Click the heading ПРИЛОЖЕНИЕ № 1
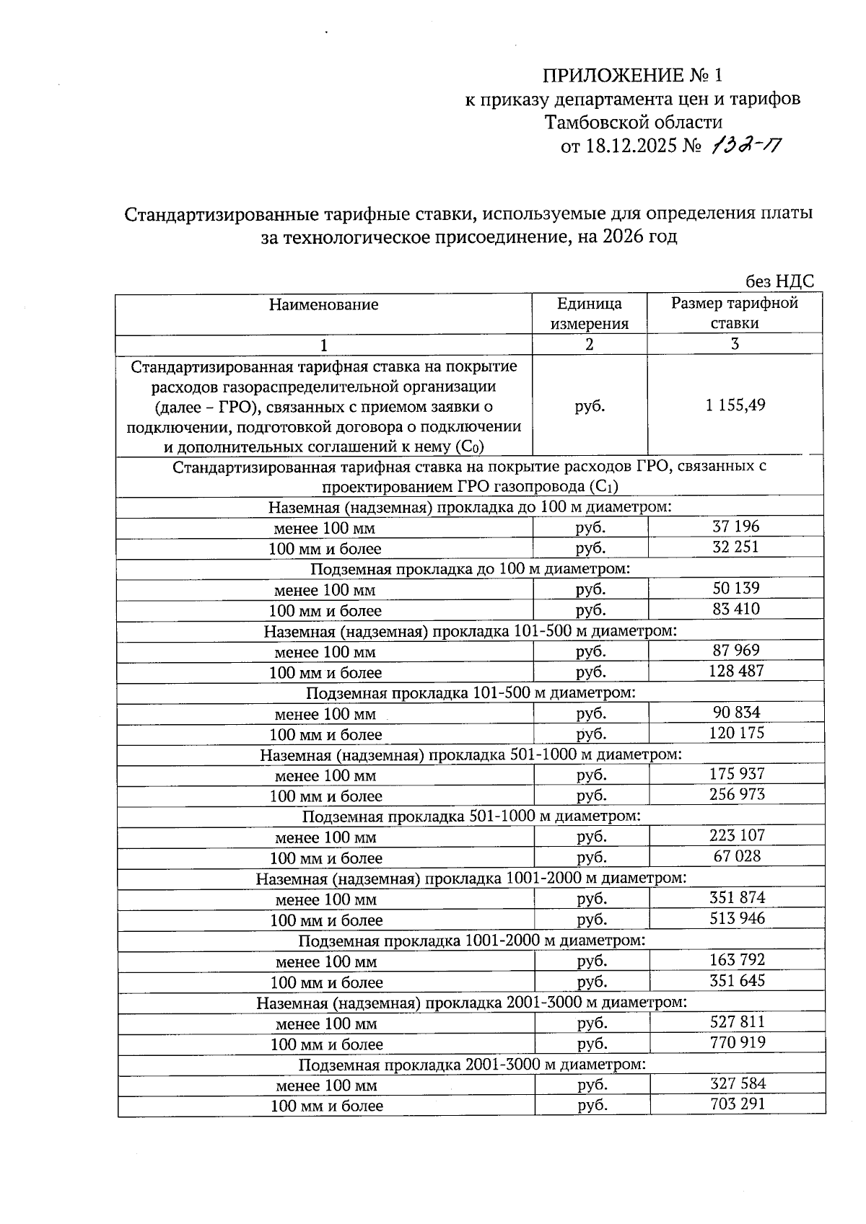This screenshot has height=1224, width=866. tap(631, 75)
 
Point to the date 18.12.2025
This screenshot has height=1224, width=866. tap(631, 146)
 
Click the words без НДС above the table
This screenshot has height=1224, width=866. tap(779, 282)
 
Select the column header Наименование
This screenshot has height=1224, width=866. tap(323, 304)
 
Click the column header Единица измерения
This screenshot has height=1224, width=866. tap(589, 313)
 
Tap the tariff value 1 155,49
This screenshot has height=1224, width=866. tap(735, 405)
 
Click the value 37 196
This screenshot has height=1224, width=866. tap(735, 527)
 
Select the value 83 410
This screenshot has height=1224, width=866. tap(735, 609)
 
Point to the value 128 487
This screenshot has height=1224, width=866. tap(735, 671)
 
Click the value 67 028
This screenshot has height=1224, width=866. tap(735, 856)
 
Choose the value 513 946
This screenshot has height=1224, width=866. tap(736, 918)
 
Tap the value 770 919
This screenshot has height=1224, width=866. tap(736, 1042)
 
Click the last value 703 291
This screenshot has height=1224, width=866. tap(736, 1104)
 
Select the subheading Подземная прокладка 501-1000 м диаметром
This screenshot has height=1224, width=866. tap(471, 816)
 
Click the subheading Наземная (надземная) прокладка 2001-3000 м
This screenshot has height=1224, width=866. tap(471, 1002)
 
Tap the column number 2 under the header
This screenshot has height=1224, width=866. tap(589, 344)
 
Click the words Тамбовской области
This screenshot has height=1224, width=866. tap(633, 122)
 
